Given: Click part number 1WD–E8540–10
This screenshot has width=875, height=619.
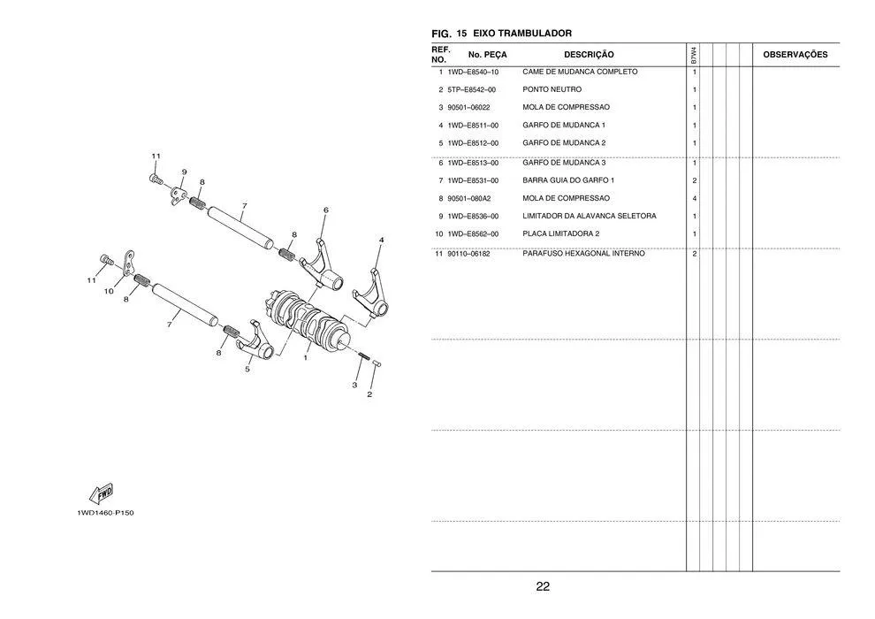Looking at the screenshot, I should click(473, 72).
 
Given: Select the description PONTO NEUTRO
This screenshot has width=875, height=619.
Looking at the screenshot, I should click(552, 89).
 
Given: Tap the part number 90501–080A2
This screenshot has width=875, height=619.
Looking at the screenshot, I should click(469, 198).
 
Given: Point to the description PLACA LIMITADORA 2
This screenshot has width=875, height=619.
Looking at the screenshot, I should click(560, 233).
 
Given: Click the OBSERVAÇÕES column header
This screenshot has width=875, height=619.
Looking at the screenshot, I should click(795, 55).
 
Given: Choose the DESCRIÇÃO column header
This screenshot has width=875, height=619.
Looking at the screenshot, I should click(589, 55).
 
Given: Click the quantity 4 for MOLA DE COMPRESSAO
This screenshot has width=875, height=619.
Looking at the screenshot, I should click(695, 198).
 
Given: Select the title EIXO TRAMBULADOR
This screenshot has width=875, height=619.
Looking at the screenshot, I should click(522, 33).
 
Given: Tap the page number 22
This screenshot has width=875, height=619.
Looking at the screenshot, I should click(543, 586).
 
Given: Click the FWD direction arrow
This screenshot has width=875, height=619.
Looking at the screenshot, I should click(101, 493).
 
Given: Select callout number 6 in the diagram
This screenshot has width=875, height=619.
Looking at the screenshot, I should click(325, 210).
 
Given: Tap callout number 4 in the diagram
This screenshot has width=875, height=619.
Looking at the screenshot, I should click(381, 240).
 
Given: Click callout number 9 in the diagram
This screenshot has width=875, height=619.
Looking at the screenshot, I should click(184, 172).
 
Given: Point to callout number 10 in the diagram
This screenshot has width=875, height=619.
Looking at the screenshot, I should click(109, 290).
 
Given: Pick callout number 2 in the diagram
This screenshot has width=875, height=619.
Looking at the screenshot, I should click(369, 394).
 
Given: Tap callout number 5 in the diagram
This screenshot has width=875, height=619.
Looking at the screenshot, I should click(247, 370).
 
